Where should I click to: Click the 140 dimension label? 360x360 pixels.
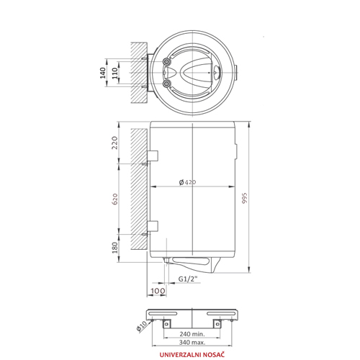coord(103,73)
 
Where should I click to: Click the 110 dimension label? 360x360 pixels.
coord(115,73)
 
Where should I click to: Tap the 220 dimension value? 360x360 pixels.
coord(115,143)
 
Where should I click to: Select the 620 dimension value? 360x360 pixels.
coord(115,199)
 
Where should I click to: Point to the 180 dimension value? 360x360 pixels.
coord(115,248)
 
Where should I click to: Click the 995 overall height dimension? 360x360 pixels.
coord(244,198)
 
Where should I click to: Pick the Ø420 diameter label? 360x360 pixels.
coord(187,182)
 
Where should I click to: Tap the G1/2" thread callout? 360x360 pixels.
coord(188,279)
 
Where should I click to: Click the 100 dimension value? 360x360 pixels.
coord(158,291)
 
